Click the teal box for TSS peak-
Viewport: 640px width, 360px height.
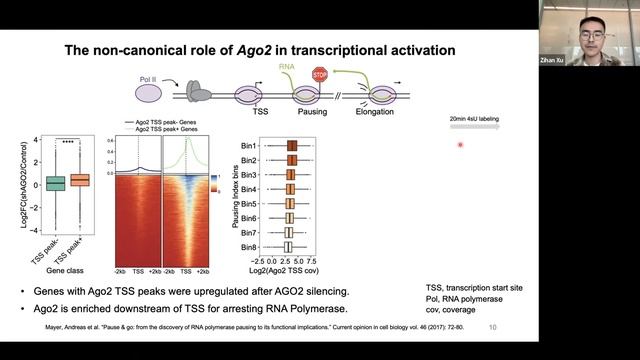(55, 182)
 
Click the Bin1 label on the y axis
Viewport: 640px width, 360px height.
(253, 146)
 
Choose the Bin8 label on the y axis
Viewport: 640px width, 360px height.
(253, 245)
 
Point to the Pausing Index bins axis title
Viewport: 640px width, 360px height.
(236, 195)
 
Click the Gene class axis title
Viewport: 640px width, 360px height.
(67, 272)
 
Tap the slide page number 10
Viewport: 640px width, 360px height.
(491, 327)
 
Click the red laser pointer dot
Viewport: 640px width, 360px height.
(460, 145)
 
